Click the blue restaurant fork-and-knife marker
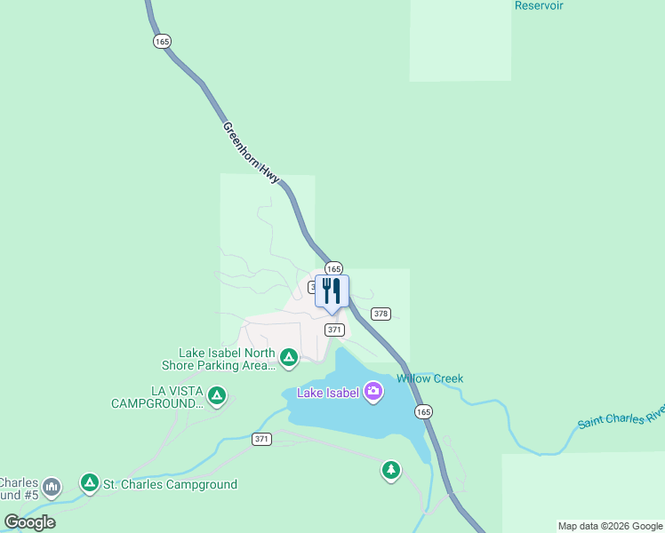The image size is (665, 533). tap(332, 291)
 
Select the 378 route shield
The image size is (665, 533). tap(381, 314)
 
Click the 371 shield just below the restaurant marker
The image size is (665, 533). tap(334, 330)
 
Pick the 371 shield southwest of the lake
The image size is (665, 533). tap(260, 440)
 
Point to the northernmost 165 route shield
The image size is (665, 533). tap(162, 42)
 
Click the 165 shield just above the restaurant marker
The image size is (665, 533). tap(333, 268)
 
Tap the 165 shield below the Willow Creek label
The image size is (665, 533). tap(423, 411)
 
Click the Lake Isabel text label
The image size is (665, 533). tap(328, 393)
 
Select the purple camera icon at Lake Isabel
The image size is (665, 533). tap(373, 391)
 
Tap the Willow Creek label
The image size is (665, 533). tap(429, 378)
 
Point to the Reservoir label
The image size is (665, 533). tap(539, 5)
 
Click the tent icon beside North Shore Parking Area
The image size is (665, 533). tap(288, 358)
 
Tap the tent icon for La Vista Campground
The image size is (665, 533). tap(217, 395)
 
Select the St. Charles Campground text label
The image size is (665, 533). tap(170, 484)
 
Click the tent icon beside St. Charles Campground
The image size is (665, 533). tap(89, 483)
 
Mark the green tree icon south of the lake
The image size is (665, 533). tap(391, 470)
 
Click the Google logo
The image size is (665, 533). tap(29, 521)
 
